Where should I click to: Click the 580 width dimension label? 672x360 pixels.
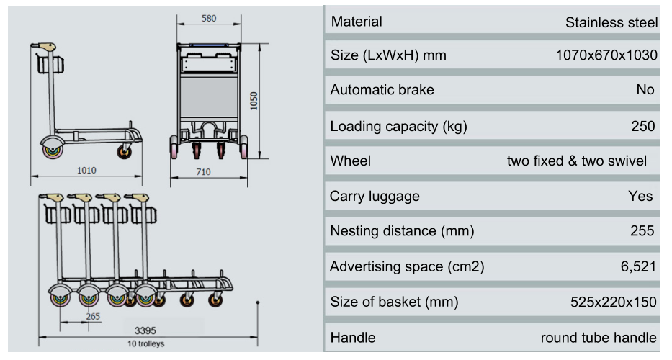[x=209, y=19]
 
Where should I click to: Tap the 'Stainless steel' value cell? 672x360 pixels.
[x=611, y=22]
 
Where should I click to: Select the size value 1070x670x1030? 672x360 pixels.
[x=606, y=55]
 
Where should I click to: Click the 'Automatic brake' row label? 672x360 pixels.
[x=382, y=90]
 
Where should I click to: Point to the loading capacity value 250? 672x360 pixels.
[x=643, y=127]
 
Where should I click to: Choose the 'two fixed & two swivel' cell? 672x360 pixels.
[x=577, y=161]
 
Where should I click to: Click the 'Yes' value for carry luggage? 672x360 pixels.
[x=640, y=196]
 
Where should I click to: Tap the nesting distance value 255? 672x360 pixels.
[x=642, y=231]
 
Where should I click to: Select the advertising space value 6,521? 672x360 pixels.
[x=638, y=266]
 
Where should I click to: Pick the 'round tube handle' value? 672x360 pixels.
[x=599, y=337]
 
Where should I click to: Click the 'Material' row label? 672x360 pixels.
[x=357, y=22]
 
